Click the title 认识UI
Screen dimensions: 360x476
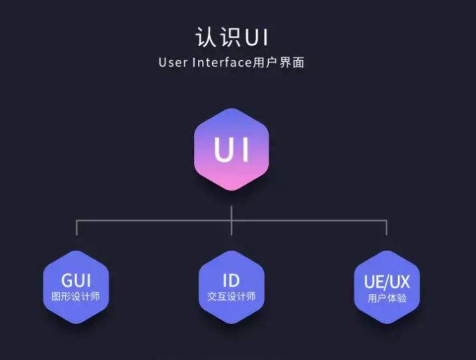click(231, 37)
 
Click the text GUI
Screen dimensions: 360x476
click(76, 279)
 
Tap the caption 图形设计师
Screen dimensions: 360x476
click(76, 297)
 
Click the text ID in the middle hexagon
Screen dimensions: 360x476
click(231, 279)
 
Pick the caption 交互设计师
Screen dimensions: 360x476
click(231, 297)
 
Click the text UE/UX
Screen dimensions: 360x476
click(387, 281)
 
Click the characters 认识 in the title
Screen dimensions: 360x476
click(212, 37)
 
